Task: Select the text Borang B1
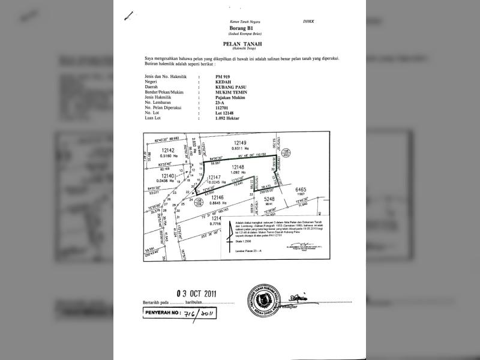(x=239, y=28)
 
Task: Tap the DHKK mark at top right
(x=309, y=22)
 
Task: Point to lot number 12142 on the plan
(x=167, y=150)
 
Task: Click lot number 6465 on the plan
(x=301, y=190)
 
